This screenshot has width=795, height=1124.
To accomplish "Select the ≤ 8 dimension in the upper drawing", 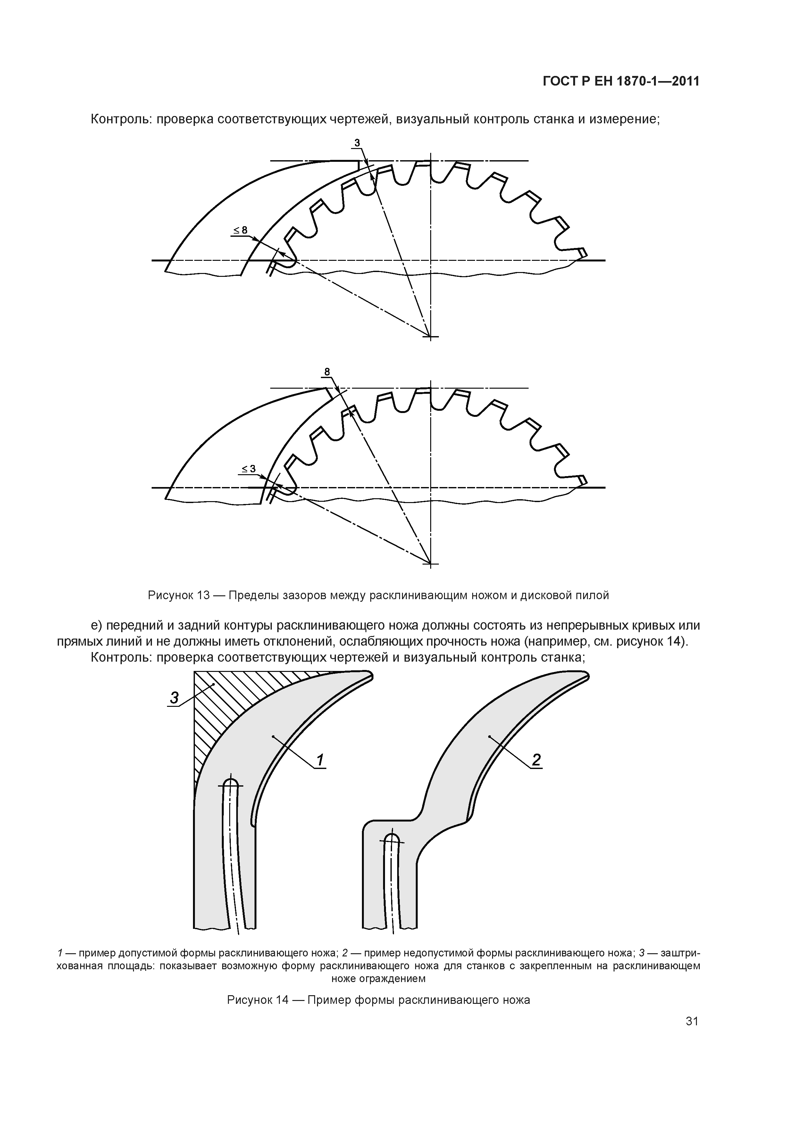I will point(240,230).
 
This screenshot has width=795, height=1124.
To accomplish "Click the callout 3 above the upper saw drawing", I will point(357,143).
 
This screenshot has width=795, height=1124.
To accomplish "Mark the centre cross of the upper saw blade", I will point(431,336).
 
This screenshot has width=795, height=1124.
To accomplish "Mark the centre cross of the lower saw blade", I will point(431,564).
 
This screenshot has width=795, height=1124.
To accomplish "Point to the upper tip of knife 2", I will point(585,677).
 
